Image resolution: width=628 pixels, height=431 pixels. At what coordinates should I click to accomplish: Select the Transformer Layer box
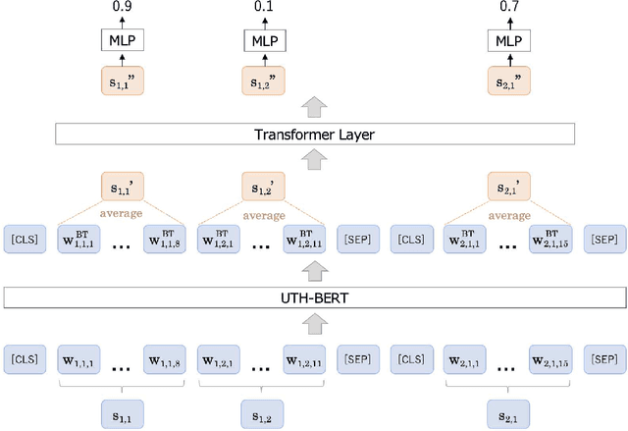[x=314, y=135]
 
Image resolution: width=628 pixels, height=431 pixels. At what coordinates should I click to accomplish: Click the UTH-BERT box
[x=314, y=296]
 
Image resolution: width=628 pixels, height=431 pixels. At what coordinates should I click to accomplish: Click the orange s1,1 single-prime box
[x=123, y=187]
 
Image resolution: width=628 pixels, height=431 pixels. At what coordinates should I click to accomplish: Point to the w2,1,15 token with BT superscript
[x=551, y=239]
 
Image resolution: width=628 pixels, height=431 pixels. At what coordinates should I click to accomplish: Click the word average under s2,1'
[x=508, y=216]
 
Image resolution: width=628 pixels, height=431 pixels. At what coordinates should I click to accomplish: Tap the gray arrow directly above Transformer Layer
[x=314, y=107]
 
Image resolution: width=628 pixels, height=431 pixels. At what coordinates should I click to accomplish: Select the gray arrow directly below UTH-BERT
[x=314, y=322]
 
